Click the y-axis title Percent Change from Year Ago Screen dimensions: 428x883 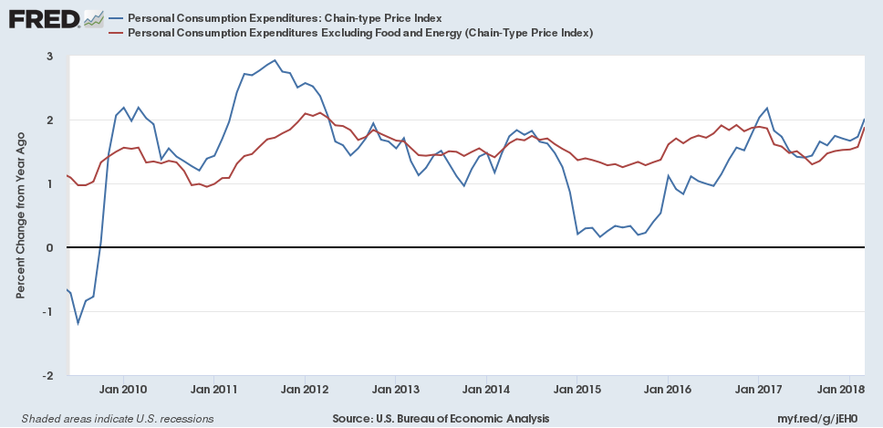[x=20, y=215]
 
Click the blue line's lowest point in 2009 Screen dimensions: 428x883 [x=78, y=322]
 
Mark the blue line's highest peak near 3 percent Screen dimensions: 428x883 [x=275, y=60]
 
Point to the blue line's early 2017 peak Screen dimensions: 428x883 [x=766, y=108]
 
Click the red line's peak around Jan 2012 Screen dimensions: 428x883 [x=306, y=113]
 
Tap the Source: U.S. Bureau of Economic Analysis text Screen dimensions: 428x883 [x=441, y=418]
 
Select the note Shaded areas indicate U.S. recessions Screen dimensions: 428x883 [x=111, y=418]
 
